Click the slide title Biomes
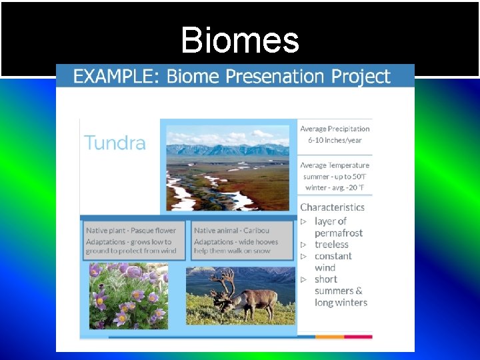click(239, 40)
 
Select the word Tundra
click(115, 143)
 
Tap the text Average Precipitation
click(335, 129)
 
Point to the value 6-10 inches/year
click(335, 140)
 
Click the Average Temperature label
click(335, 165)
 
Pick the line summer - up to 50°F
click(335, 177)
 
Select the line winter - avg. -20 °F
click(335, 187)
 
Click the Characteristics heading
click(332, 207)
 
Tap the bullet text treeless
click(331, 245)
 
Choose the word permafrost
click(339, 233)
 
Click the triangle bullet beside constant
click(303, 256)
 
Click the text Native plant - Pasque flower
click(131, 231)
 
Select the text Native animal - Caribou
click(233, 231)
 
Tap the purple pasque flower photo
click(128, 296)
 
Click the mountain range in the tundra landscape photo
click(227, 149)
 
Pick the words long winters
click(341, 303)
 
